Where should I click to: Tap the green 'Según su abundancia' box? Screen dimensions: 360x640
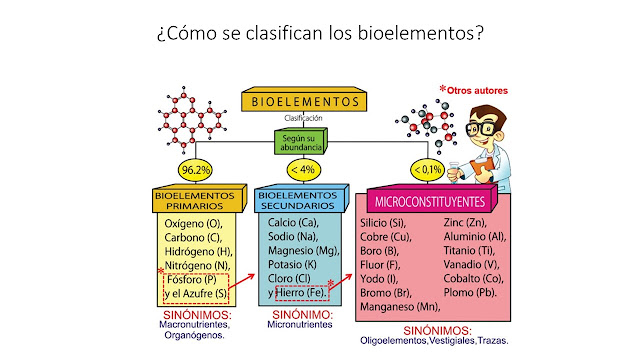click(301, 141)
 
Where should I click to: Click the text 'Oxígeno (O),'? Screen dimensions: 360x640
click(193, 224)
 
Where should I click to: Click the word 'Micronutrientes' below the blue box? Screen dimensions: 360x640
click(300, 324)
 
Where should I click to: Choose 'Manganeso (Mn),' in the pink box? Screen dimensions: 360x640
click(401, 307)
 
